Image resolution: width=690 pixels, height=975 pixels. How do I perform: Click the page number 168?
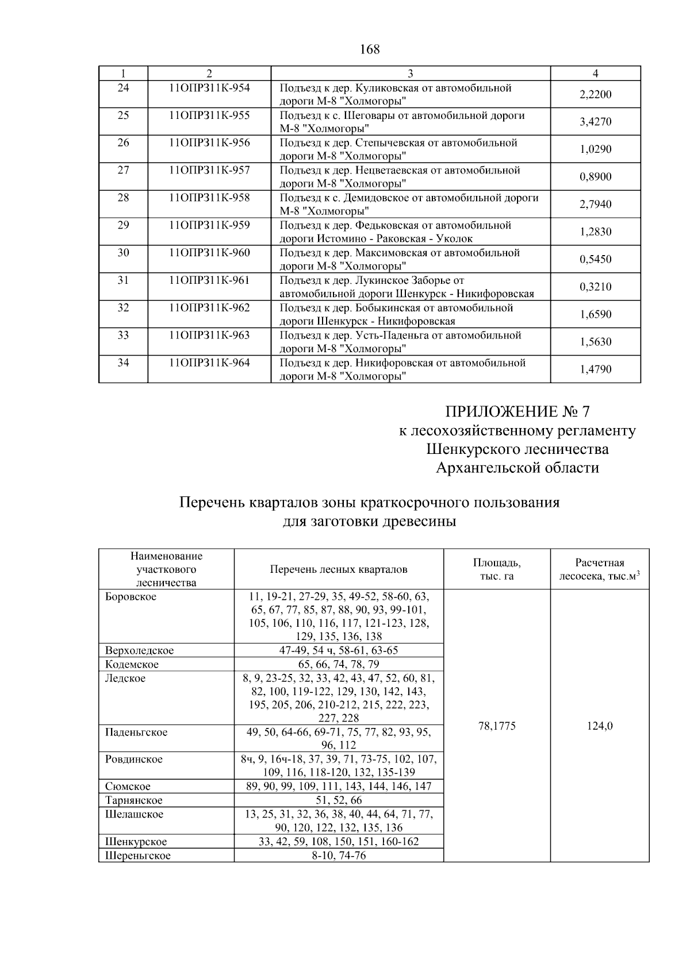tap(370, 50)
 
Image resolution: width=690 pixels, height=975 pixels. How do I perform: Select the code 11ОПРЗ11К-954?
tap(209, 88)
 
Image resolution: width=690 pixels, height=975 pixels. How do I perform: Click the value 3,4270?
tap(595, 122)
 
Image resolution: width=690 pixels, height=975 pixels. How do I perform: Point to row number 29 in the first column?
tap(123, 225)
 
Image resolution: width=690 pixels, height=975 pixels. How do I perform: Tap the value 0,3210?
tap(595, 287)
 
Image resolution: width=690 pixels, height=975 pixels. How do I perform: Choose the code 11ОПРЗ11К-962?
tap(209, 308)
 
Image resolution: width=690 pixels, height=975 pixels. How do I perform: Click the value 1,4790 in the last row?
tap(595, 369)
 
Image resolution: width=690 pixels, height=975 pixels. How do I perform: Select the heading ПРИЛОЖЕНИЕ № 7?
tap(517, 412)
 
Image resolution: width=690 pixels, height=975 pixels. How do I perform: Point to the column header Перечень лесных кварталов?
tap(339, 569)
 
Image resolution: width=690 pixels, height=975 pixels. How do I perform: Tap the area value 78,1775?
tap(497, 726)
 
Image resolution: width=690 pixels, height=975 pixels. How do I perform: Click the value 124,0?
tap(599, 726)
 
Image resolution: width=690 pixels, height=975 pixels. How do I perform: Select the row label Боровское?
tap(131, 597)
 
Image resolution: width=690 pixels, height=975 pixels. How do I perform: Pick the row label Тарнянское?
tap(134, 800)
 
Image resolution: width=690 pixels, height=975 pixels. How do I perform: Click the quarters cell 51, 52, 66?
tap(339, 800)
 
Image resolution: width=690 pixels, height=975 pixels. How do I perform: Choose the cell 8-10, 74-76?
tap(339, 855)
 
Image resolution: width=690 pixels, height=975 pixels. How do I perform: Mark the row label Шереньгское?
tap(138, 855)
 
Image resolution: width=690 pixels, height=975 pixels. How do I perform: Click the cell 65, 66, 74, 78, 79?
tap(339, 665)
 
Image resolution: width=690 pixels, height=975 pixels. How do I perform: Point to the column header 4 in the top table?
tap(595, 74)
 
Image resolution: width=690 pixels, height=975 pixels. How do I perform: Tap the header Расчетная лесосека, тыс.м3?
tap(599, 569)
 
